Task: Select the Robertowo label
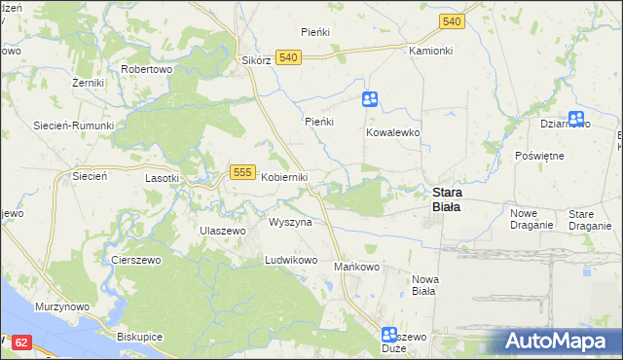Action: pyautogui.click(x=146, y=70)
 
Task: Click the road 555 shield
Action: pyautogui.click(x=243, y=172)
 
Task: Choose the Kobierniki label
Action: pyautogui.click(x=284, y=177)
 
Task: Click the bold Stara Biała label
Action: pyautogui.click(x=447, y=199)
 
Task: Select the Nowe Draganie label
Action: pyautogui.click(x=531, y=219)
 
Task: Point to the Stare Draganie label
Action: pyautogui.click(x=589, y=219)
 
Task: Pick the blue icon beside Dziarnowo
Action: pyautogui.click(x=576, y=120)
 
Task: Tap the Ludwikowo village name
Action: pyautogui.click(x=292, y=261)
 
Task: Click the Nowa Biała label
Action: pyautogui.click(x=425, y=285)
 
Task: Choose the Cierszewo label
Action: pyautogui.click(x=135, y=261)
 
